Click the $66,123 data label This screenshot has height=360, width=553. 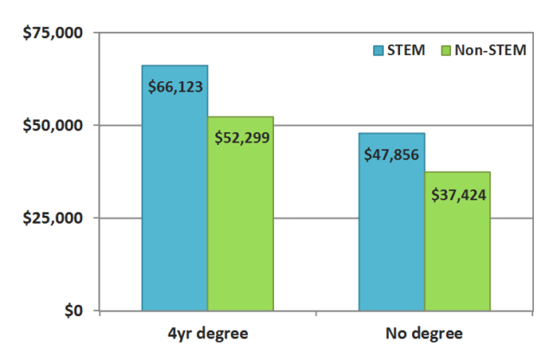175,87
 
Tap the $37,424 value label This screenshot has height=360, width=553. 458,193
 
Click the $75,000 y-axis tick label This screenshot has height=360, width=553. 51,33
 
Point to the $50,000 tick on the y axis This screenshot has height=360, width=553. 51,125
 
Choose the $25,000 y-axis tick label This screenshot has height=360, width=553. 51,218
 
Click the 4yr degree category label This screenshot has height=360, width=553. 207,334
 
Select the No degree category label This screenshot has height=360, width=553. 424,334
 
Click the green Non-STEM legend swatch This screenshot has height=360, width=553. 446,50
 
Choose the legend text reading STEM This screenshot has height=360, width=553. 407,50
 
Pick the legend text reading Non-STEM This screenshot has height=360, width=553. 491,50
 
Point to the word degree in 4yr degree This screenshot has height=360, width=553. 226,334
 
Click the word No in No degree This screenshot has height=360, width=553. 393,334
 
